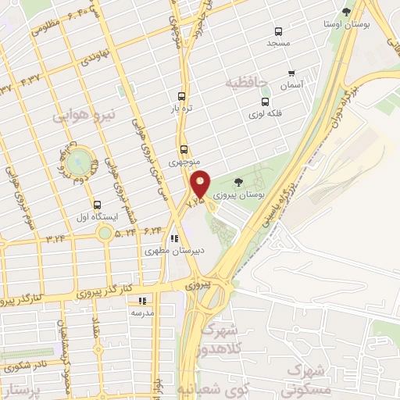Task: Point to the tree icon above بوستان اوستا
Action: [x=346, y=11]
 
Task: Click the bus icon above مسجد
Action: [x=278, y=31]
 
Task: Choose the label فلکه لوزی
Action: [x=266, y=114]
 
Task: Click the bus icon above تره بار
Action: [x=182, y=91]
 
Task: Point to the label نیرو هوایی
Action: [x=84, y=115]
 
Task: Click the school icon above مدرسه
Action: [x=141, y=300]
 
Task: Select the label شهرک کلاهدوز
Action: [x=219, y=339]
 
